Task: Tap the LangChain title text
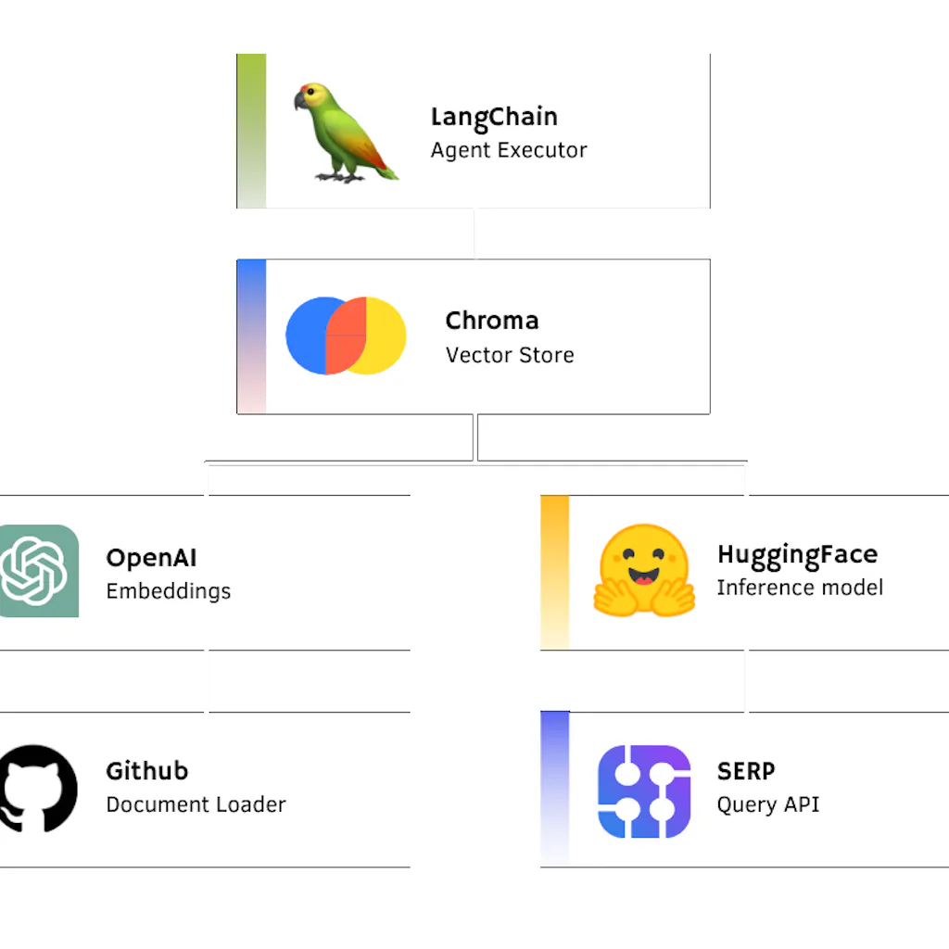(x=494, y=118)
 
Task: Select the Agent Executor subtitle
(x=509, y=150)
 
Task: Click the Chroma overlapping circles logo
(x=346, y=335)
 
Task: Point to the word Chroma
(x=491, y=321)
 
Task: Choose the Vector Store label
(x=510, y=355)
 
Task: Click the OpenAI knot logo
(x=33, y=571)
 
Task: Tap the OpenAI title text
(x=151, y=558)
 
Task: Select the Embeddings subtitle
(x=168, y=591)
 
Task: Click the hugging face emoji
(x=644, y=571)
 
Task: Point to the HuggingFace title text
(x=797, y=554)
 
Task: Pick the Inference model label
(x=800, y=588)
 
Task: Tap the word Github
(x=146, y=771)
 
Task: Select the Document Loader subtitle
(x=196, y=804)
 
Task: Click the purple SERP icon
(x=644, y=791)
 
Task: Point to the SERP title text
(x=746, y=771)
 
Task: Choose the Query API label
(x=768, y=804)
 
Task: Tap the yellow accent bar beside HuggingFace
(x=554, y=571)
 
